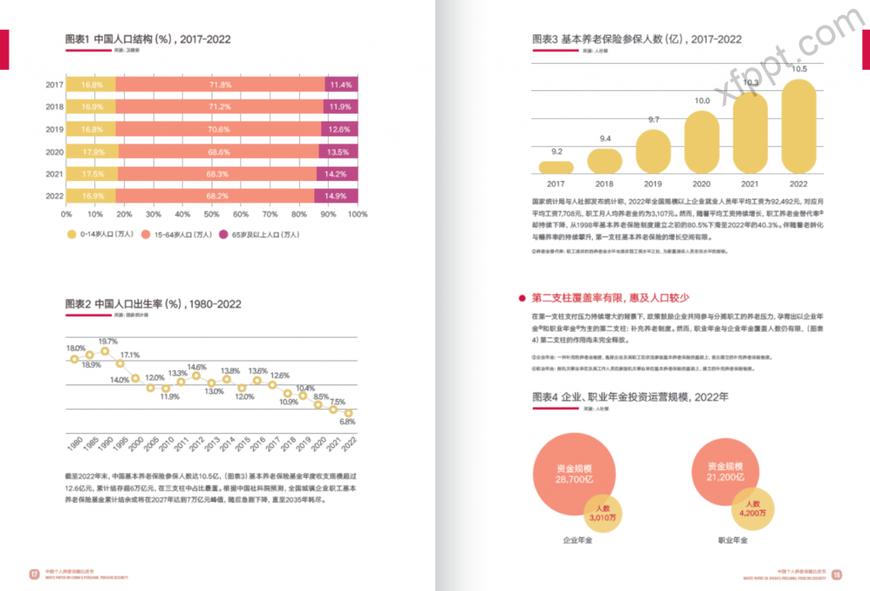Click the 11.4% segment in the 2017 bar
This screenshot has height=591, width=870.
pyautogui.click(x=341, y=85)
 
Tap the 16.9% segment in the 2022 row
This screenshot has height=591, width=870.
pyautogui.click(x=92, y=196)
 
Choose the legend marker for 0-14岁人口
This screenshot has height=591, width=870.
pyautogui.click(x=71, y=234)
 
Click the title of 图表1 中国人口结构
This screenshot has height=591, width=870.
pyautogui.click(x=148, y=39)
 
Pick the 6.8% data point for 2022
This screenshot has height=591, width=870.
pyautogui.click(x=347, y=413)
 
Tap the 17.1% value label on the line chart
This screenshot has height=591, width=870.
pyautogui.click(x=130, y=355)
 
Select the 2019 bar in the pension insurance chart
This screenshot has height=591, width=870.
pyautogui.click(x=653, y=151)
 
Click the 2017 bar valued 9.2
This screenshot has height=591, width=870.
pyautogui.click(x=556, y=167)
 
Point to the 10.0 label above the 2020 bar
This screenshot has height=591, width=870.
pyautogui.click(x=702, y=101)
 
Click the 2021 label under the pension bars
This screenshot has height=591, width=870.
pyautogui.click(x=750, y=184)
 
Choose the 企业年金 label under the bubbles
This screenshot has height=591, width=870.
pyautogui.click(x=578, y=540)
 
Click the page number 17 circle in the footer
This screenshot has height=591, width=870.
pyautogui.click(x=34, y=572)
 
